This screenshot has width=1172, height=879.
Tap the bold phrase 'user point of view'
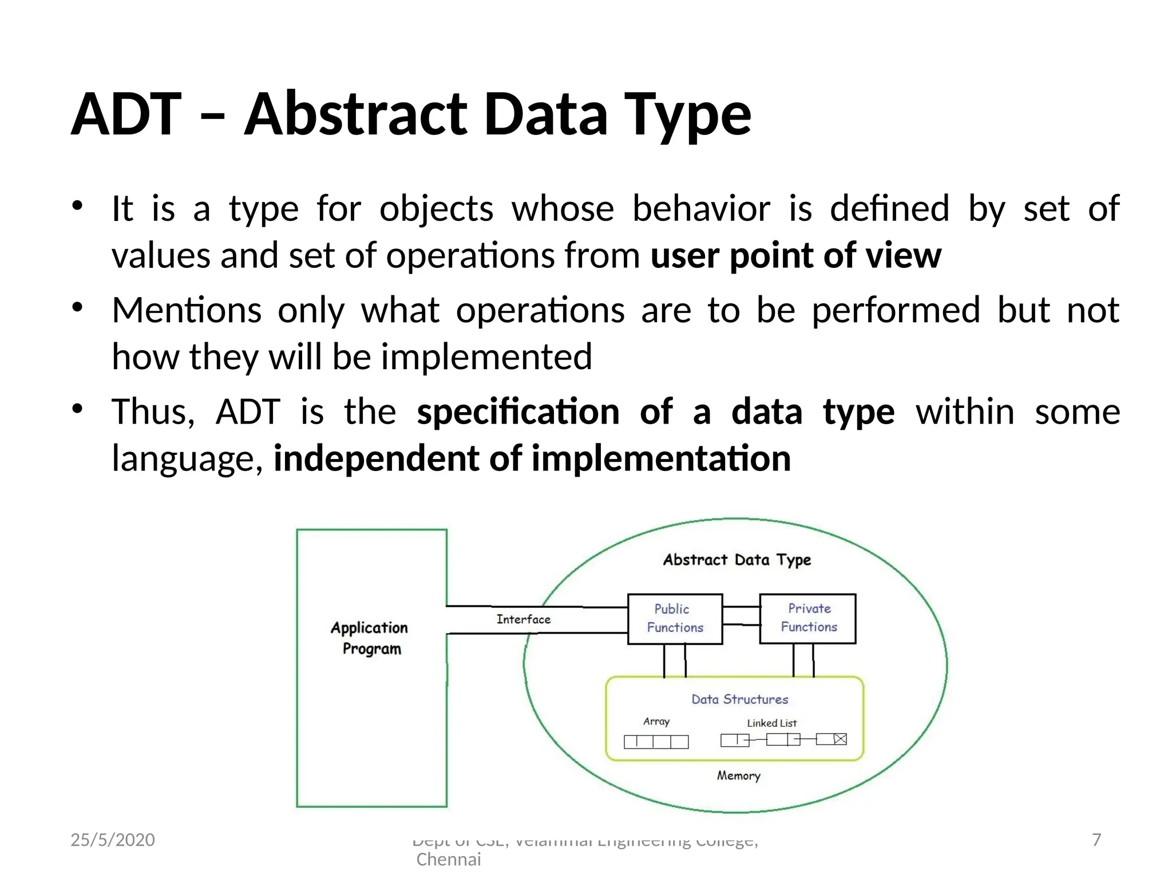tap(795, 255)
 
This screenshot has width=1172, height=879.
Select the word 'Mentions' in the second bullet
tap(187, 310)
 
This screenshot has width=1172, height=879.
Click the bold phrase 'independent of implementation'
tap(532, 459)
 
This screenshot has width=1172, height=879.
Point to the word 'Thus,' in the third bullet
tap(153, 412)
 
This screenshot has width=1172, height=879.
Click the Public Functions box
tap(675, 619)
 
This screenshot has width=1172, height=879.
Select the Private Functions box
tap(807, 618)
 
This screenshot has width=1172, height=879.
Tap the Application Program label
tap(370, 638)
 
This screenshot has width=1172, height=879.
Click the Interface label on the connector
tap(523, 619)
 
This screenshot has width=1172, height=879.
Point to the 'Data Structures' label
tap(739, 699)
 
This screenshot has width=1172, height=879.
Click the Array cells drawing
tap(656, 742)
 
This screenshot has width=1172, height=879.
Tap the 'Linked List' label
tap(771, 723)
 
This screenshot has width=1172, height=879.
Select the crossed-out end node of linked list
tap(840, 739)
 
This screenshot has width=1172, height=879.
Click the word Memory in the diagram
tap(738, 775)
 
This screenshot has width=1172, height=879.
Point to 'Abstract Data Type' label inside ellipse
tap(737, 560)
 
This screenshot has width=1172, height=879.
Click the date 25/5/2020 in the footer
tap(113, 840)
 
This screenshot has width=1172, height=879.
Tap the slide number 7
tap(1096, 840)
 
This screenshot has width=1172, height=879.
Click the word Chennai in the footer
tap(449, 860)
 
